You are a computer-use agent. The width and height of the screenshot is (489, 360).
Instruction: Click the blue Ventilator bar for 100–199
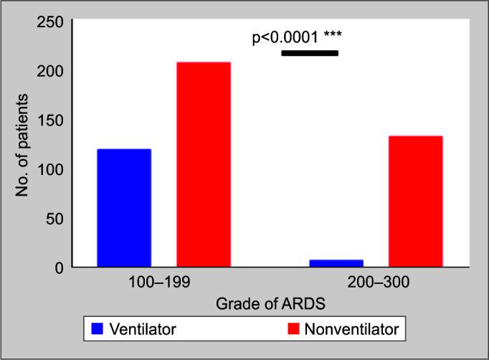pos(124,208)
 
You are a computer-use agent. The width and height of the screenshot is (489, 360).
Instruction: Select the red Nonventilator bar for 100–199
pos(204,164)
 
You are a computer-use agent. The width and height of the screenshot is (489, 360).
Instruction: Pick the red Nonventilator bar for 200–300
pos(416,202)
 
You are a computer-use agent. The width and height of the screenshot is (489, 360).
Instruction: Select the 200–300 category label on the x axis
pos(376,283)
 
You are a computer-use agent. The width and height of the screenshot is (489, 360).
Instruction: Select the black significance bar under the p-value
pos(310,53)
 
